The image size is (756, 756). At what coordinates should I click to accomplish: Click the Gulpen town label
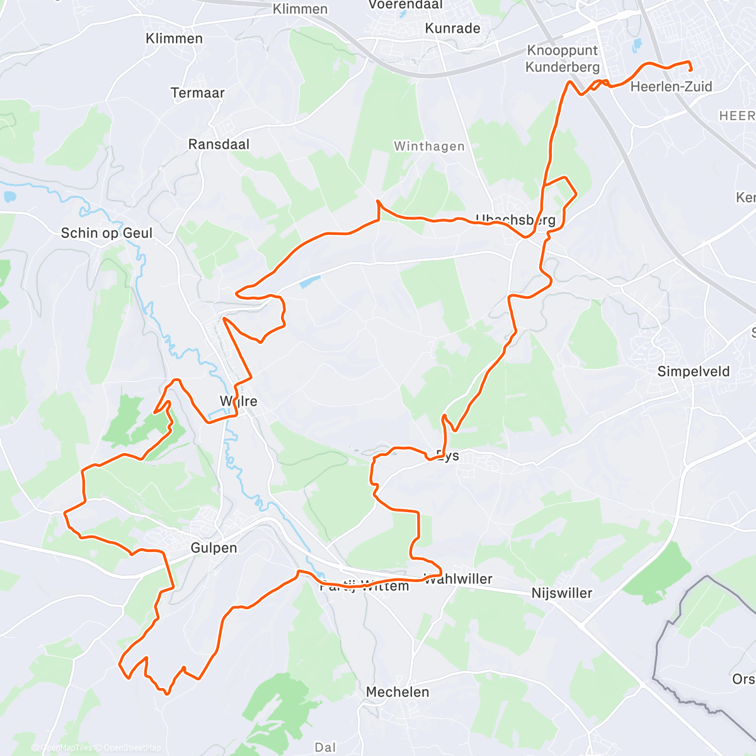coord(214,547)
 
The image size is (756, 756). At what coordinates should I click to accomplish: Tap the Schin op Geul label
coord(106,233)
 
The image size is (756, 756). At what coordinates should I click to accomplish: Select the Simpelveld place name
coord(693,371)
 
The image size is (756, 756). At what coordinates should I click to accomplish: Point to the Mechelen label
coord(398,692)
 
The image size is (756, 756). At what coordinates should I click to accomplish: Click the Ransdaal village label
coord(219,144)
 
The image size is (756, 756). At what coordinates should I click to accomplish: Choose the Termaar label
coord(197,93)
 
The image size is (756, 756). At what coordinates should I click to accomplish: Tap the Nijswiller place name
coord(561,593)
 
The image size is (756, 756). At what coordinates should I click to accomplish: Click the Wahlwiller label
coord(459,579)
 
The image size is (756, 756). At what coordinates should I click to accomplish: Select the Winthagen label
coord(429,146)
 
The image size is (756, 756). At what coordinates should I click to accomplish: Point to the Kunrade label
coord(452,28)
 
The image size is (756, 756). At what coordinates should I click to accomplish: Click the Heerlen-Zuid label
coord(671,87)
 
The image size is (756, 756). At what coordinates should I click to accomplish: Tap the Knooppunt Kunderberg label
coord(563,59)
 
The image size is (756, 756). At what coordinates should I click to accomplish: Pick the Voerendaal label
coord(406,4)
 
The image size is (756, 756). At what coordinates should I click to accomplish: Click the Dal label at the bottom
coord(325,747)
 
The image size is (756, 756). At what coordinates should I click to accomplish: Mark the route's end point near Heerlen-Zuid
coord(691,70)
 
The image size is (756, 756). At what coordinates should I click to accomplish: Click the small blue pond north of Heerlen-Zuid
coord(637,44)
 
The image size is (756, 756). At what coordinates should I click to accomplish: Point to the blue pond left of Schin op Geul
coord(9,197)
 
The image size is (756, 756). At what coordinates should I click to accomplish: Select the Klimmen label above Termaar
coord(174,38)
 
